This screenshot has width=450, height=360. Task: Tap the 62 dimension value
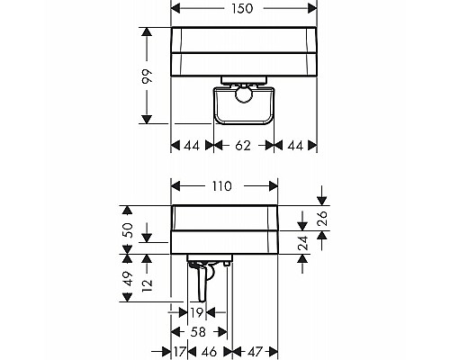point(243,143)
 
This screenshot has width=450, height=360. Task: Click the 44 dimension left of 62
point(191,143)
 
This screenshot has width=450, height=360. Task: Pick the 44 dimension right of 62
point(295,143)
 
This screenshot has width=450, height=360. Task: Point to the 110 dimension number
point(223,186)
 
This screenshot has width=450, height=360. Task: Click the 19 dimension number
point(197,312)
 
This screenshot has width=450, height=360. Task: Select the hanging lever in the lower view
point(198,283)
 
